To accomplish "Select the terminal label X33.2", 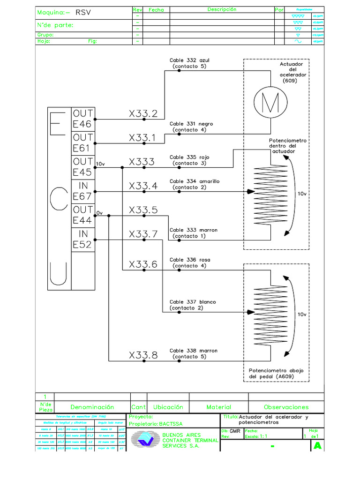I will click(143, 114).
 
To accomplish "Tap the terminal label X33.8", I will click(143, 356).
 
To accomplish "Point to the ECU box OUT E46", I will click(83, 119).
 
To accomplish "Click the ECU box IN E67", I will click(83, 191).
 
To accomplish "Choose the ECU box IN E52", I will click(83, 240).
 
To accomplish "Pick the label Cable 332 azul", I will click(189, 60).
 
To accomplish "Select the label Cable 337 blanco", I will click(192, 302).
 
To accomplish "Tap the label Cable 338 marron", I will click(193, 351).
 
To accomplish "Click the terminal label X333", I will click(142, 162).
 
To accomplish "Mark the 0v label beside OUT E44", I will click(99, 213).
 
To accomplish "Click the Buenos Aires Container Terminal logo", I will click(145, 440).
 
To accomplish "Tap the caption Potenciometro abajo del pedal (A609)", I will click(276, 373).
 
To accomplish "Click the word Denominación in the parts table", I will click(92, 407).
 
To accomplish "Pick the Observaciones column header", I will click(286, 407).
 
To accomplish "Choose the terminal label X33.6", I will click(143, 265).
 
